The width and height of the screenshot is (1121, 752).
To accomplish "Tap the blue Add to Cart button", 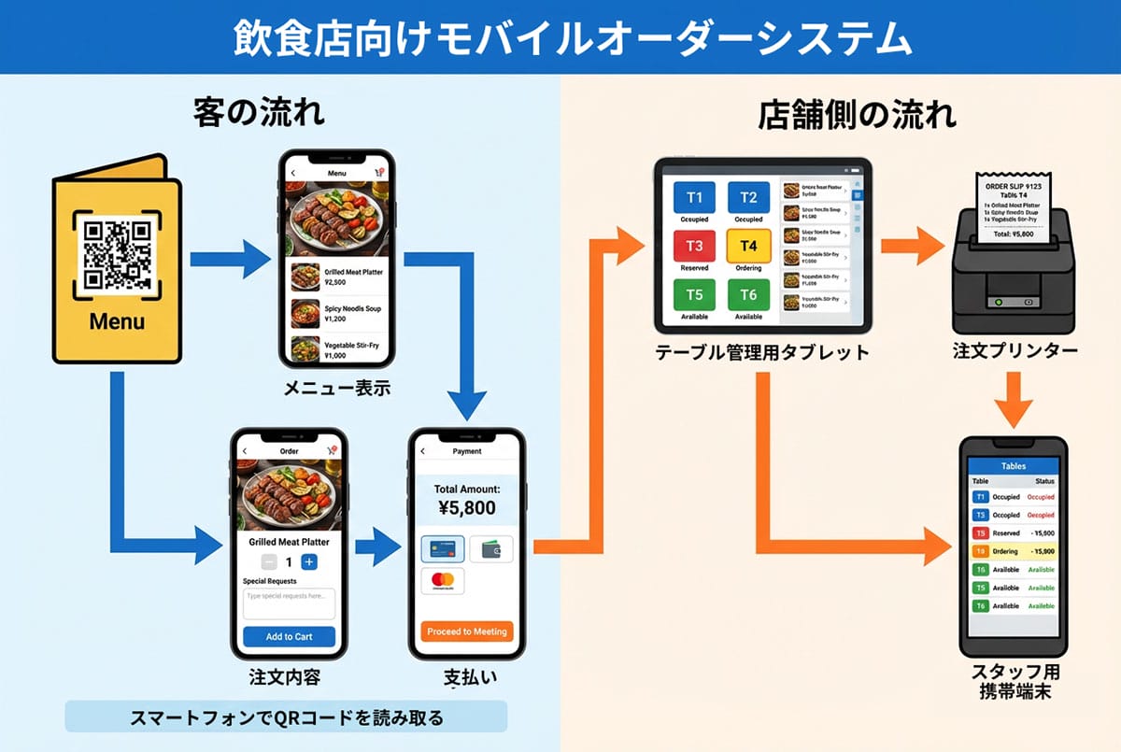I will point(289,636).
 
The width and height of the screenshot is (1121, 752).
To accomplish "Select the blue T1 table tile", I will point(694,197).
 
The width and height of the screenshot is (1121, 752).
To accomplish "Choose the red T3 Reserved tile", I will point(694,247).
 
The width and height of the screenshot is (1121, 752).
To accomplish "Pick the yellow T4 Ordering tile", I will point(748,247).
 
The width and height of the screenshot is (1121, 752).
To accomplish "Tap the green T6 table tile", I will point(748,295).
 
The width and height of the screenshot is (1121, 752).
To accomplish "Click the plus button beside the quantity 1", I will point(309,562).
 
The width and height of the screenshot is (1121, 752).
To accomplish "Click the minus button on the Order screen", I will point(268,562).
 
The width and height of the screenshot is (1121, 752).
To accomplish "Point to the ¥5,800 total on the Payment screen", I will point(466,508).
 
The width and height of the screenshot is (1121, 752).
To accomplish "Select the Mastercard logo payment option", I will point(443,581).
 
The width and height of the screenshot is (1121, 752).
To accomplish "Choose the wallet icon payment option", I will point(490,549).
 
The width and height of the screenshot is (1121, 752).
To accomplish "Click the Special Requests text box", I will point(289,603).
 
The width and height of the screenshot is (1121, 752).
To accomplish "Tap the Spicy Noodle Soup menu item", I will point(337,313).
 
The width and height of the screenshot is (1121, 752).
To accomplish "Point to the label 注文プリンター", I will point(1015,352).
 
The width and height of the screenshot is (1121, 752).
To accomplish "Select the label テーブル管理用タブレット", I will point(762,353).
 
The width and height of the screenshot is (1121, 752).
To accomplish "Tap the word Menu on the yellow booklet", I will point(117,322).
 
